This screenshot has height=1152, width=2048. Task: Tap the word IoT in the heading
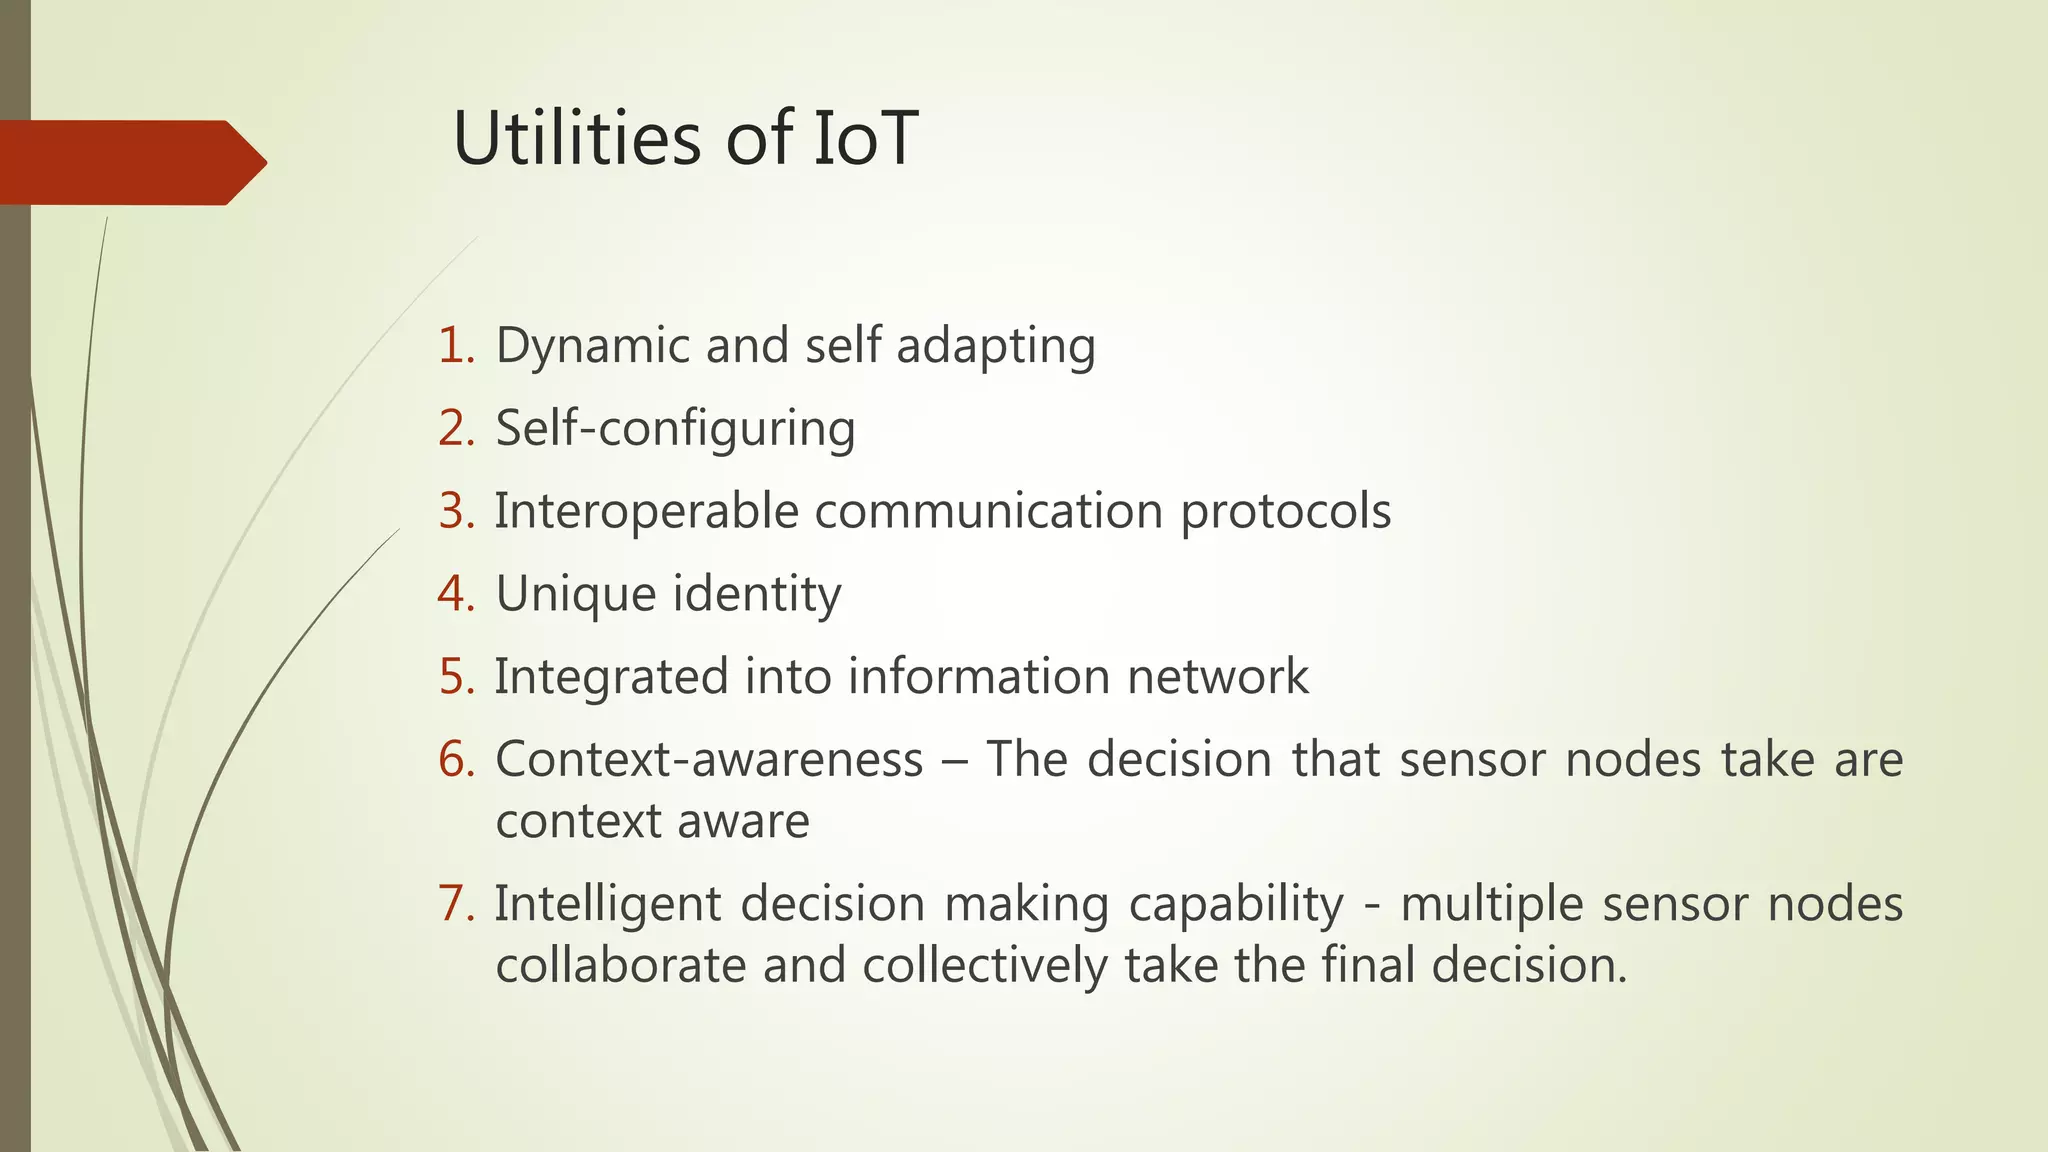click(864, 138)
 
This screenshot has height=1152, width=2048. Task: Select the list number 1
click(455, 346)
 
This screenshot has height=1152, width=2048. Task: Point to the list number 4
click(455, 594)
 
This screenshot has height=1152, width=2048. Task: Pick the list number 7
click(455, 904)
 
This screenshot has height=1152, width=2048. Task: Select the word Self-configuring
click(675, 429)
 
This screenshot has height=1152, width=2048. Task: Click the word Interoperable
click(646, 511)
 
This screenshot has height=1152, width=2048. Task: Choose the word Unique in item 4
click(575, 594)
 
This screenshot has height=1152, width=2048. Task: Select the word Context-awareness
click(709, 760)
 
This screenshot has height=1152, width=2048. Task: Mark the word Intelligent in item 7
click(608, 904)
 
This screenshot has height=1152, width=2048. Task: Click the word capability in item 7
click(1236, 904)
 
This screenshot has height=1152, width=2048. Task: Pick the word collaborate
click(620, 966)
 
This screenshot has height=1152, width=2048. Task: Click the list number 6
click(455, 760)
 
